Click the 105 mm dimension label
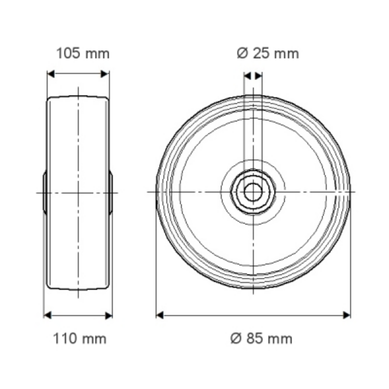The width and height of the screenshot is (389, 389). pyautogui.click(x=83, y=54)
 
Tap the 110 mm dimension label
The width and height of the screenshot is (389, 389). pyautogui.click(x=80, y=339)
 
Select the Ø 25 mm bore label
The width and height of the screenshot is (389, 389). pyautogui.click(x=268, y=54)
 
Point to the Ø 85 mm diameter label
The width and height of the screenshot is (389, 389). pyautogui.click(x=261, y=339)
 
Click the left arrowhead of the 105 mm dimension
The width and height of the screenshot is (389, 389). pyautogui.click(x=51, y=74)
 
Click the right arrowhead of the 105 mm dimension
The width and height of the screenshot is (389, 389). pyautogui.click(x=105, y=74)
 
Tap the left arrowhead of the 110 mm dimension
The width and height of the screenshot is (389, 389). pyautogui.click(x=47, y=315)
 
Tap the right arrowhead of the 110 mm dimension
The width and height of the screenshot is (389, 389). pyautogui.click(x=109, y=315)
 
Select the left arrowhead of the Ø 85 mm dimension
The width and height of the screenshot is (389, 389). pyautogui.click(x=160, y=315)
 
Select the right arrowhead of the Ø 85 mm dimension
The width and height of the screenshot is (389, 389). pyautogui.click(x=347, y=315)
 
